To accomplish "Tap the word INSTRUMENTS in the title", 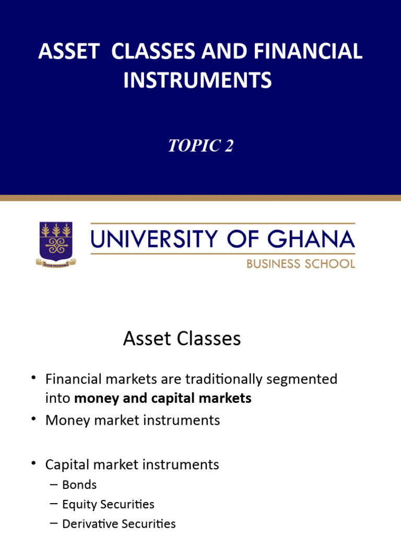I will click(x=198, y=80).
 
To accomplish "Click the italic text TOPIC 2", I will click(x=200, y=146).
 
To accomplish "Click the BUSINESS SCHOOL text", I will click(x=300, y=263).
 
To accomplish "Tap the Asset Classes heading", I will click(x=182, y=339).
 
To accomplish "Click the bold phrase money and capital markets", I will click(x=163, y=398).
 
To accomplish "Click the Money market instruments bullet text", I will click(x=133, y=420).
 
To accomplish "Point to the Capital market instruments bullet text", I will click(x=132, y=464).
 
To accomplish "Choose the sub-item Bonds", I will click(x=79, y=485).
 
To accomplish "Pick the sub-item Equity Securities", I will click(x=108, y=505).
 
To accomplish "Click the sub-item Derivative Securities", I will click(x=119, y=524).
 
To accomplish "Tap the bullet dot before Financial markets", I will click(x=34, y=378).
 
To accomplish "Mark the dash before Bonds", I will click(x=53, y=485).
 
